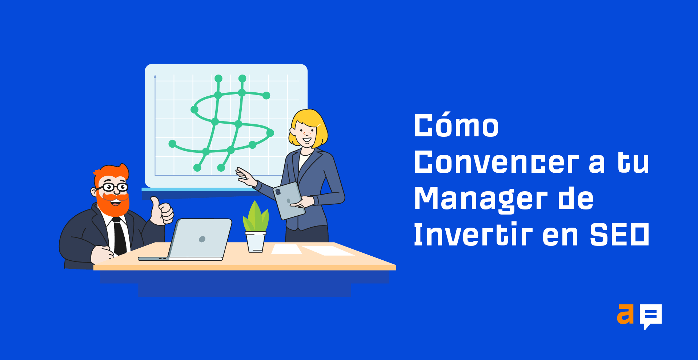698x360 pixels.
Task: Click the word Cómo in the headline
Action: (456, 125)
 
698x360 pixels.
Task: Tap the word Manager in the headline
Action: (481, 200)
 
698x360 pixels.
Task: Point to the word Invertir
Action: (473, 234)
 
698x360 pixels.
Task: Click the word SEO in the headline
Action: (619, 235)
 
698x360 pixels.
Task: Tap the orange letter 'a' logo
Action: (625, 314)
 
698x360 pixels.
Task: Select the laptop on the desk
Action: (185, 240)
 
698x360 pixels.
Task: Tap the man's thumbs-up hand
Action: (162, 211)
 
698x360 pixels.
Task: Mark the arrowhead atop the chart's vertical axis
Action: (155, 76)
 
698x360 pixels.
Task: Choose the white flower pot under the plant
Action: (256, 242)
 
